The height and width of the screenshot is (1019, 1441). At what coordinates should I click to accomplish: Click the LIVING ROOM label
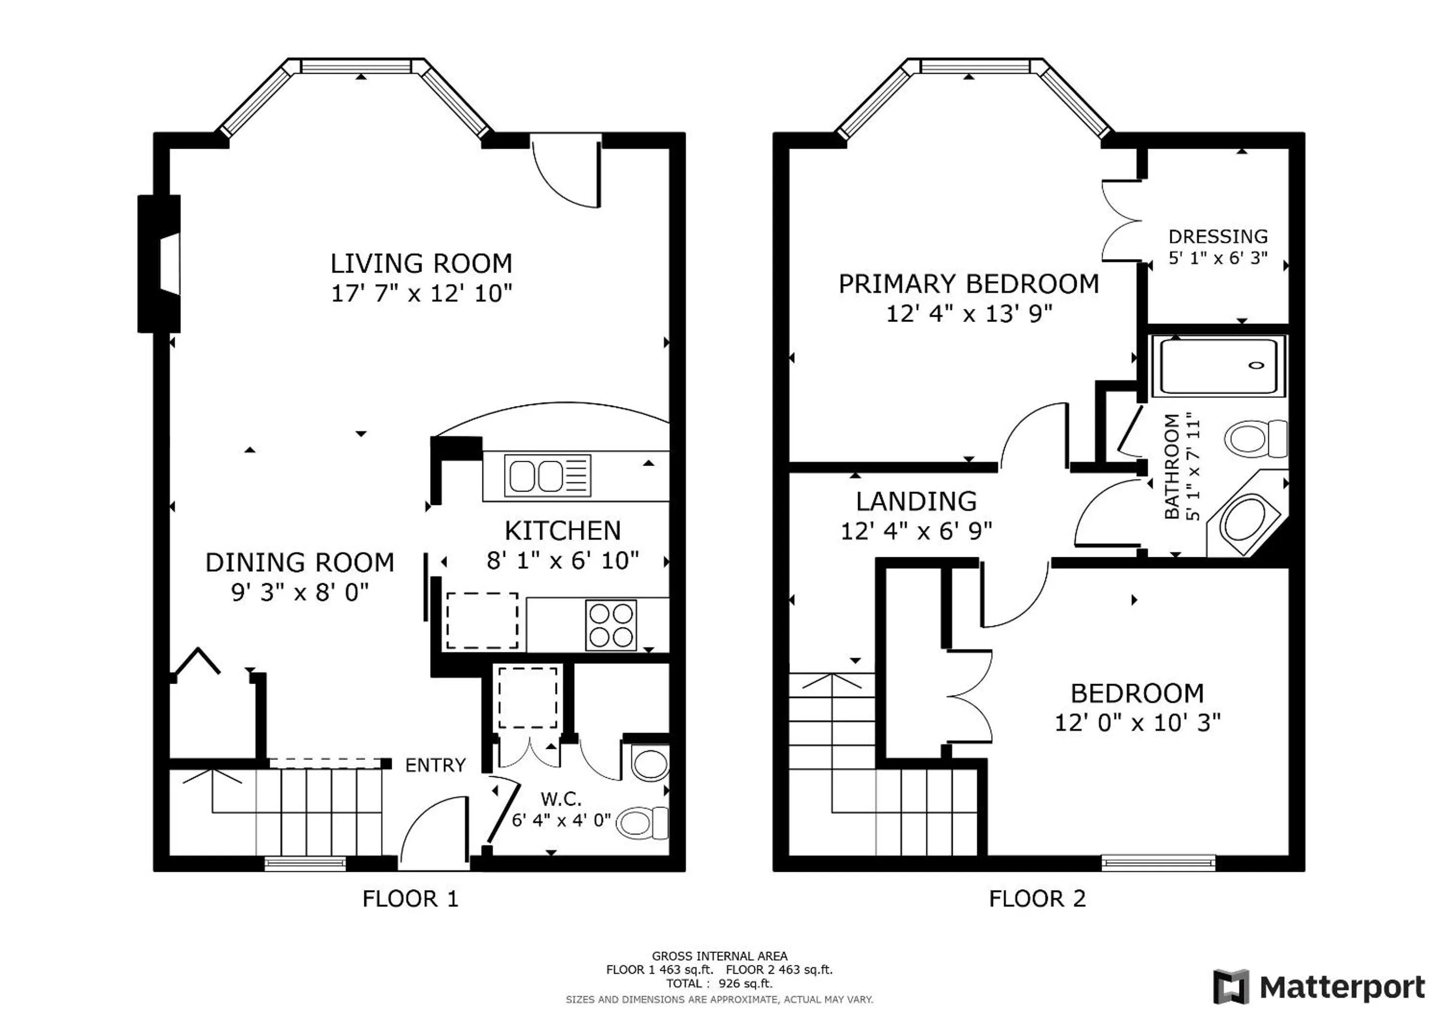(x=421, y=264)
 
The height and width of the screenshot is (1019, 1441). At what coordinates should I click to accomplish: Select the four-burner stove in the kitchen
(x=611, y=625)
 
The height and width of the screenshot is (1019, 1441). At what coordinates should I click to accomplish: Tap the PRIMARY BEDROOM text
(x=969, y=284)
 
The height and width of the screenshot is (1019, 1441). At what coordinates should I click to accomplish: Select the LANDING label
(x=916, y=502)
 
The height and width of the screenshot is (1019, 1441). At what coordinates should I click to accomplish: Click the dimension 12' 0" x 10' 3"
(x=1137, y=723)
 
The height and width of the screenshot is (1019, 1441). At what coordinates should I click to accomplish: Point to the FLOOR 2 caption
(x=1037, y=899)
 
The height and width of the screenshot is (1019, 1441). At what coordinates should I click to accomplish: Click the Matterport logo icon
(x=1231, y=987)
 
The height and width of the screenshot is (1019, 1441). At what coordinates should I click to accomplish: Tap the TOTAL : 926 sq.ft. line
(x=719, y=984)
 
